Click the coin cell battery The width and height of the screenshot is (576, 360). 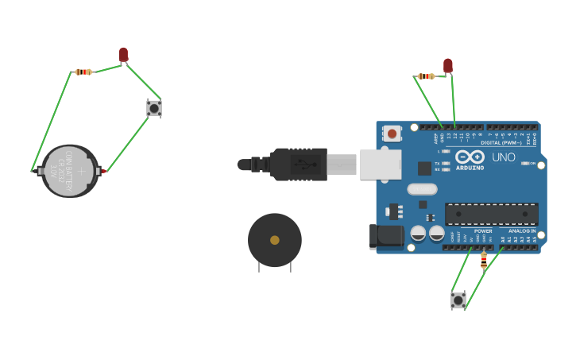(x=70, y=170)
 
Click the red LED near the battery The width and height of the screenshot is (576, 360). (x=123, y=54)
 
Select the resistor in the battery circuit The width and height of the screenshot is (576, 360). (x=83, y=72)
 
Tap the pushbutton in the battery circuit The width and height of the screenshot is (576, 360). (x=154, y=108)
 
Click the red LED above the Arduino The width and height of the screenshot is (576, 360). (x=448, y=65)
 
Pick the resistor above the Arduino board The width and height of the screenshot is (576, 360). (x=426, y=76)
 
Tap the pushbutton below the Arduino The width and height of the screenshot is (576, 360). (x=458, y=300)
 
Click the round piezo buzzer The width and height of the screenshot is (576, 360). (x=275, y=240)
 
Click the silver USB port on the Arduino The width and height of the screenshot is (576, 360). (x=381, y=165)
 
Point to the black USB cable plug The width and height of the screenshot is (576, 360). (x=298, y=165)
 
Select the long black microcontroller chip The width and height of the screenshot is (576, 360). (x=491, y=215)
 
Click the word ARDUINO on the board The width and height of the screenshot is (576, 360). (x=470, y=168)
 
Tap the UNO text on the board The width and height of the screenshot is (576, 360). (x=504, y=157)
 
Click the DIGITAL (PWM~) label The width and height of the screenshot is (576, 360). (x=501, y=143)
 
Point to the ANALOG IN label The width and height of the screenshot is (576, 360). (x=522, y=230)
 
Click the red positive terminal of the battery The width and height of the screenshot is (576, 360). (x=103, y=171)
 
